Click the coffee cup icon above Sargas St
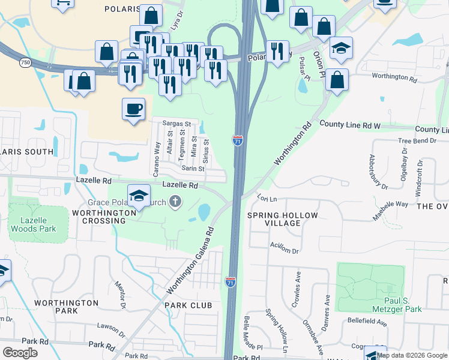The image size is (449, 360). tap(133, 110)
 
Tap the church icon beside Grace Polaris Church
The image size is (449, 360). tap(175, 202)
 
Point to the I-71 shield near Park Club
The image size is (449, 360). tap(231, 281)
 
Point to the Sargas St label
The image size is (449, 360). tap(176, 123)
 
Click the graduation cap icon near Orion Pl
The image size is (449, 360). tap(341, 49)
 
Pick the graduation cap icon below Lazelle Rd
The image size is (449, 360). tap(139, 196)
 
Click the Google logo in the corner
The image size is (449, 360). tap(20, 353)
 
